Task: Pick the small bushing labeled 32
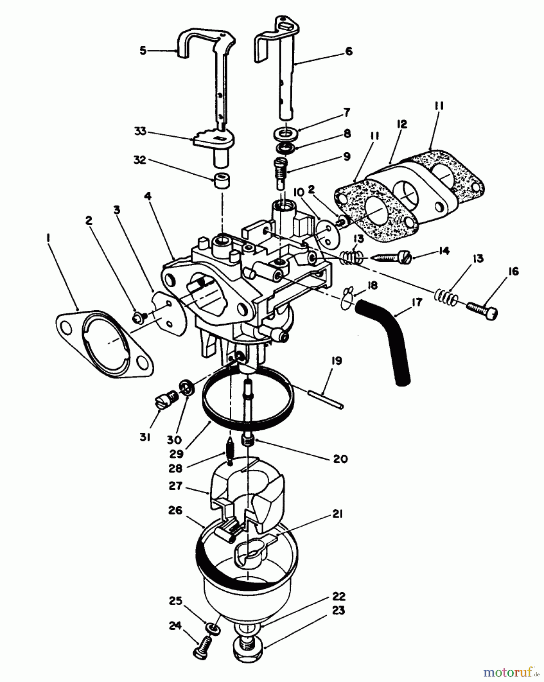point(221,181)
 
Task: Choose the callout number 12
point(402,124)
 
